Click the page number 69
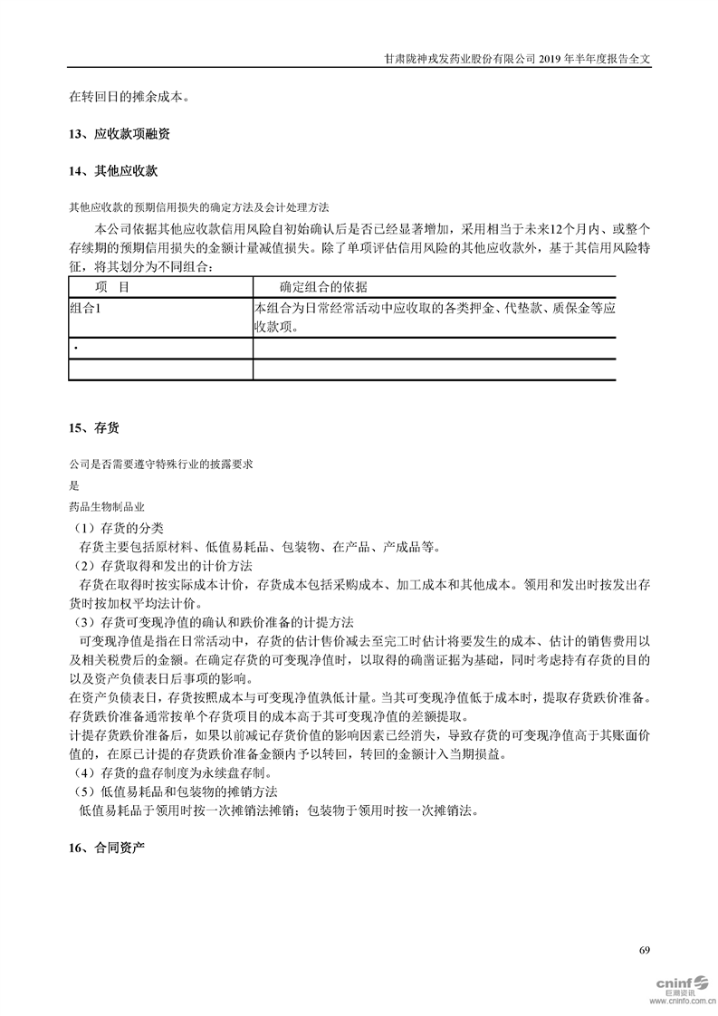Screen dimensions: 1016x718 [x=645, y=950]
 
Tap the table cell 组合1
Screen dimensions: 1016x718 [x=87, y=308]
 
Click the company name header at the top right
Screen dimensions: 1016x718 [x=517, y=57]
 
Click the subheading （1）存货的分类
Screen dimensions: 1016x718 [x=119, y=528]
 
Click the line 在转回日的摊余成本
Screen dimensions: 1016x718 [x=129, y=95]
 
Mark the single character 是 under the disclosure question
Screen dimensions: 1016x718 [x=73, y=484]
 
